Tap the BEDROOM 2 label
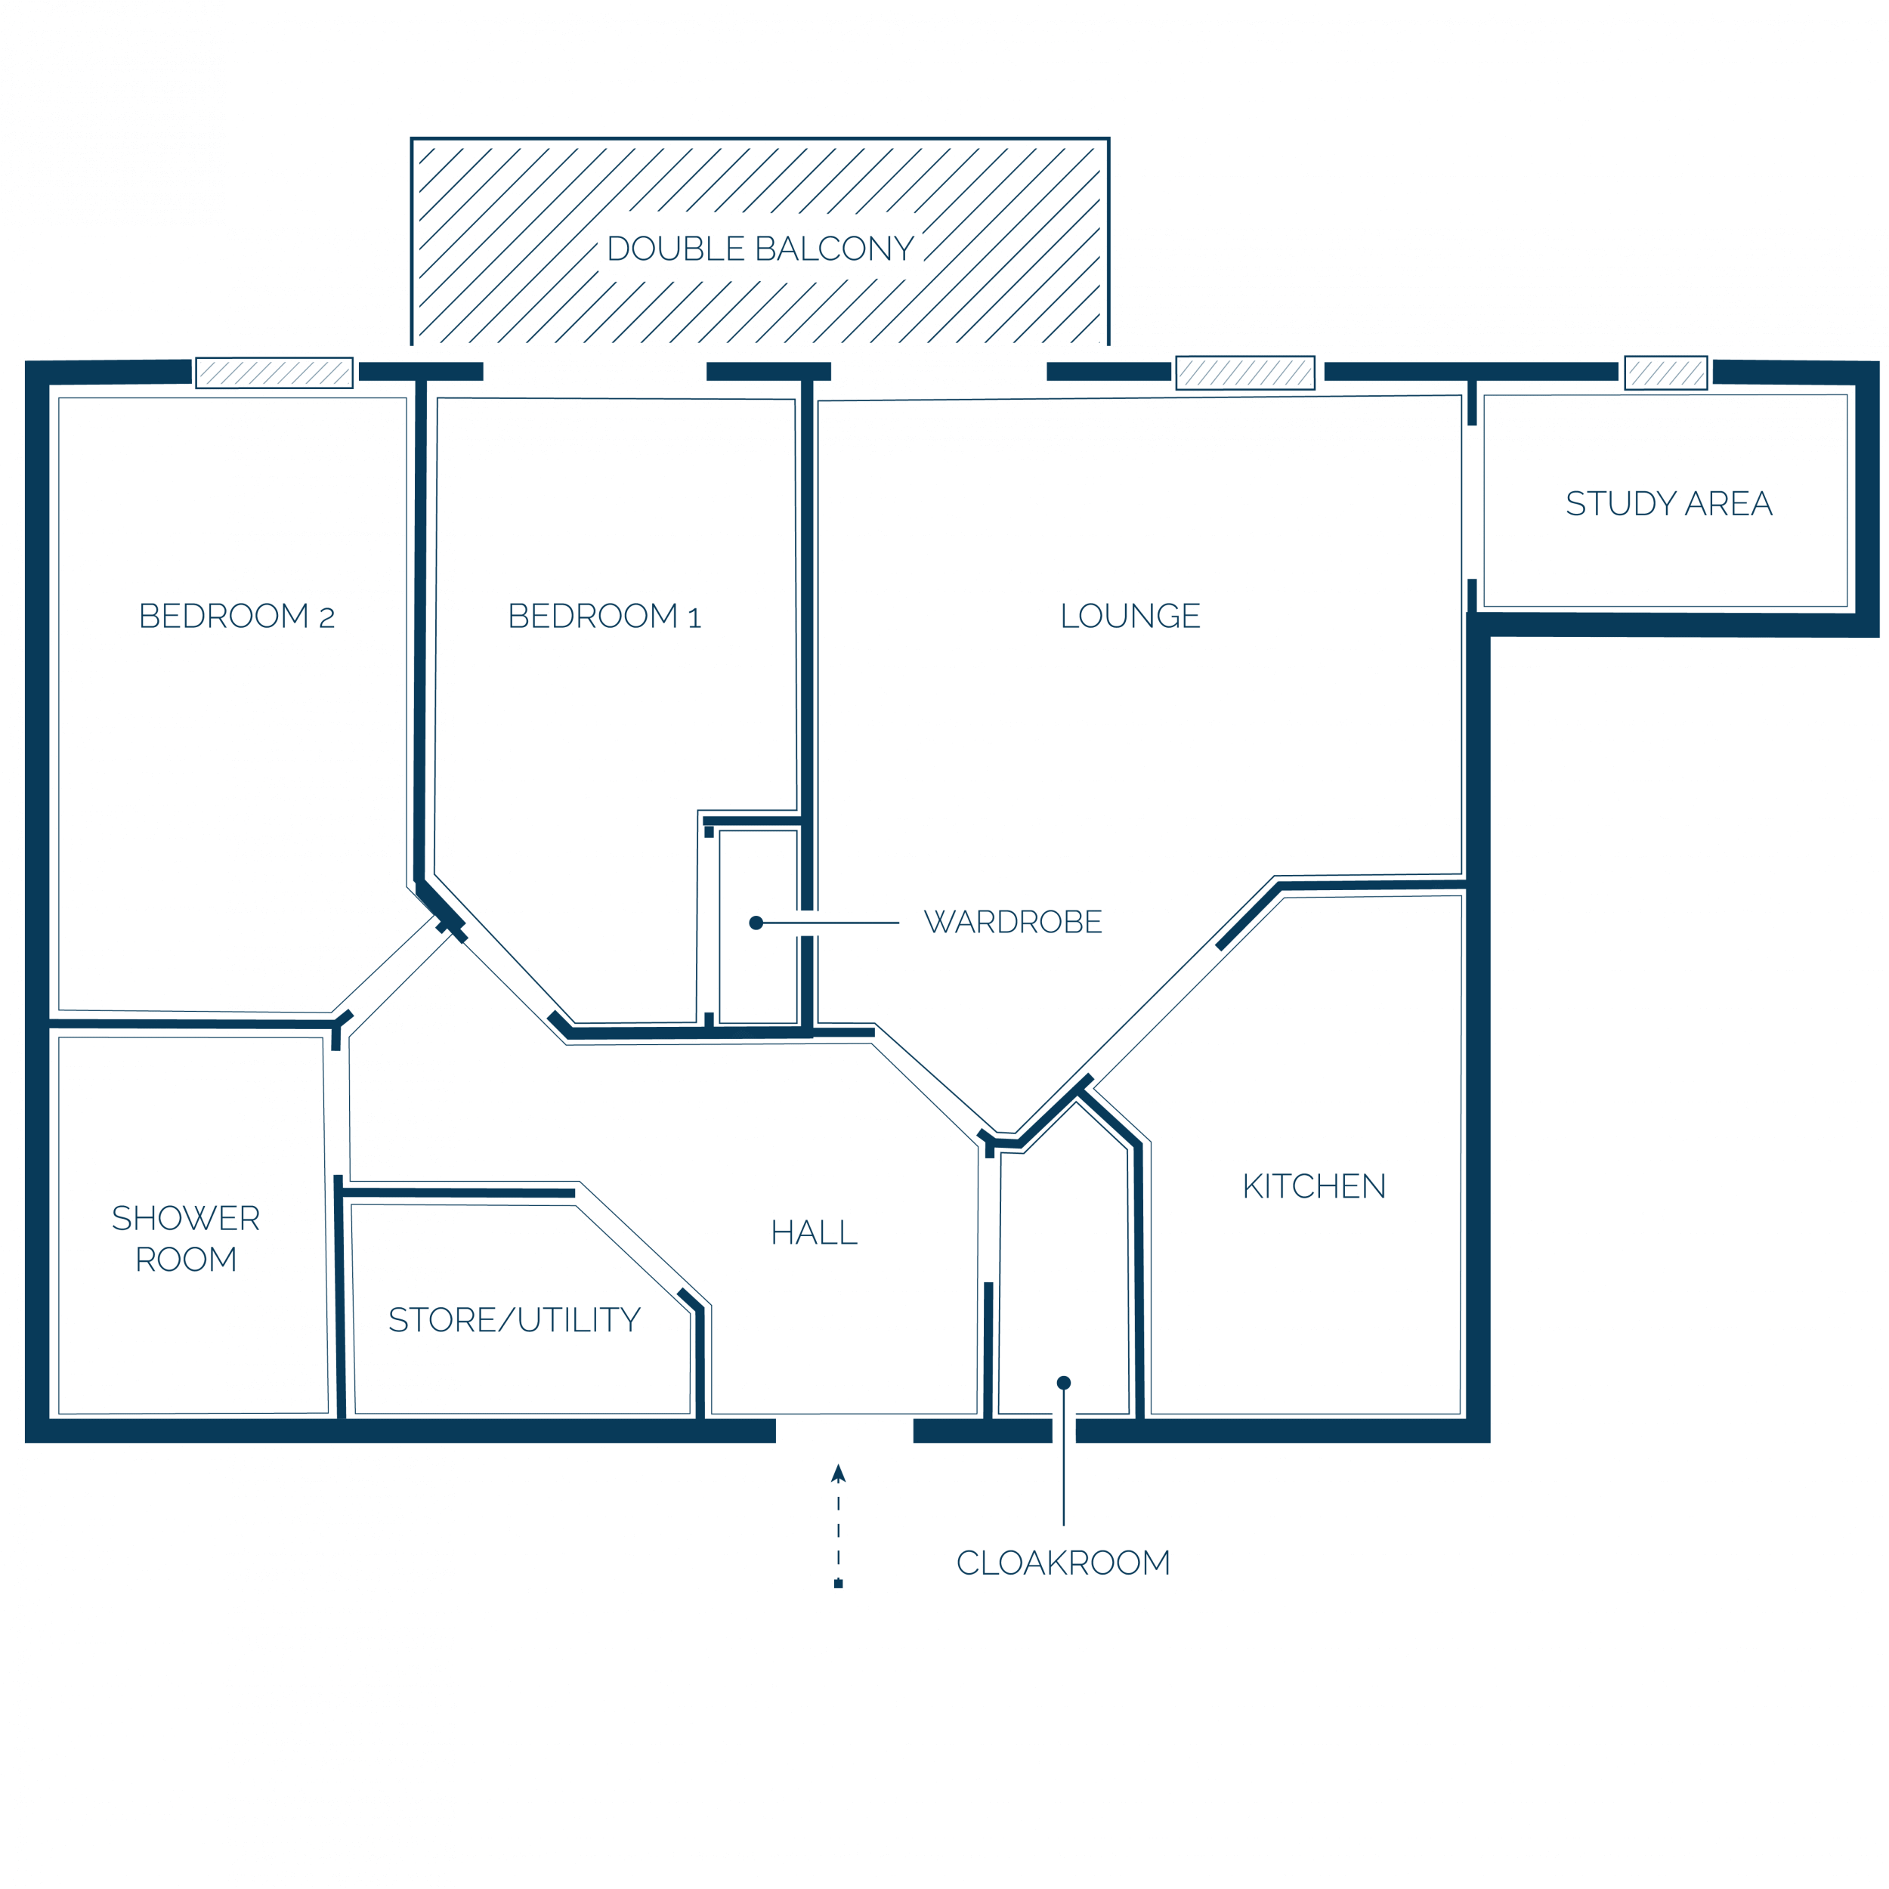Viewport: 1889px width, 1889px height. click(x=237, y=616)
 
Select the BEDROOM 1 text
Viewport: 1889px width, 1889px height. click(x=604, y=616)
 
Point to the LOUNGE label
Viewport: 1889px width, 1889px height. click(x=1130, y=616)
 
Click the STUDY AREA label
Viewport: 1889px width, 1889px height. click(x=1668, y=503)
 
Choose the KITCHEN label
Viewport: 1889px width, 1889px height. click(x=1314, y=1186)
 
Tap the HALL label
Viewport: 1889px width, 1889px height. click(x=814, y=1232)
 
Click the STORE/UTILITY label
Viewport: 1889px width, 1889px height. click(x=515, y=1320)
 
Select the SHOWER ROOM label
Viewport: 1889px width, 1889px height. click(x=186, y=1238)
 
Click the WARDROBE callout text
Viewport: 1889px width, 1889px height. click(x=1013, y=922)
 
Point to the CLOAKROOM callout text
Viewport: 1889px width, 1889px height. click(x=1063, y=1563)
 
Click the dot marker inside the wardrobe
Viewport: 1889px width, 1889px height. click(x=756, y=923)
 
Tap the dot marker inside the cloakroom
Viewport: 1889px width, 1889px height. click(x=1064, y=1383)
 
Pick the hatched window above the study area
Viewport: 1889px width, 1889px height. click(x=1666, y=373)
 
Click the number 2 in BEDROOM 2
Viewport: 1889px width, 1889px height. click(x=326, y=618)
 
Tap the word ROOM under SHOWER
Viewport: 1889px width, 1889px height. click(x=186, y=1260)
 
